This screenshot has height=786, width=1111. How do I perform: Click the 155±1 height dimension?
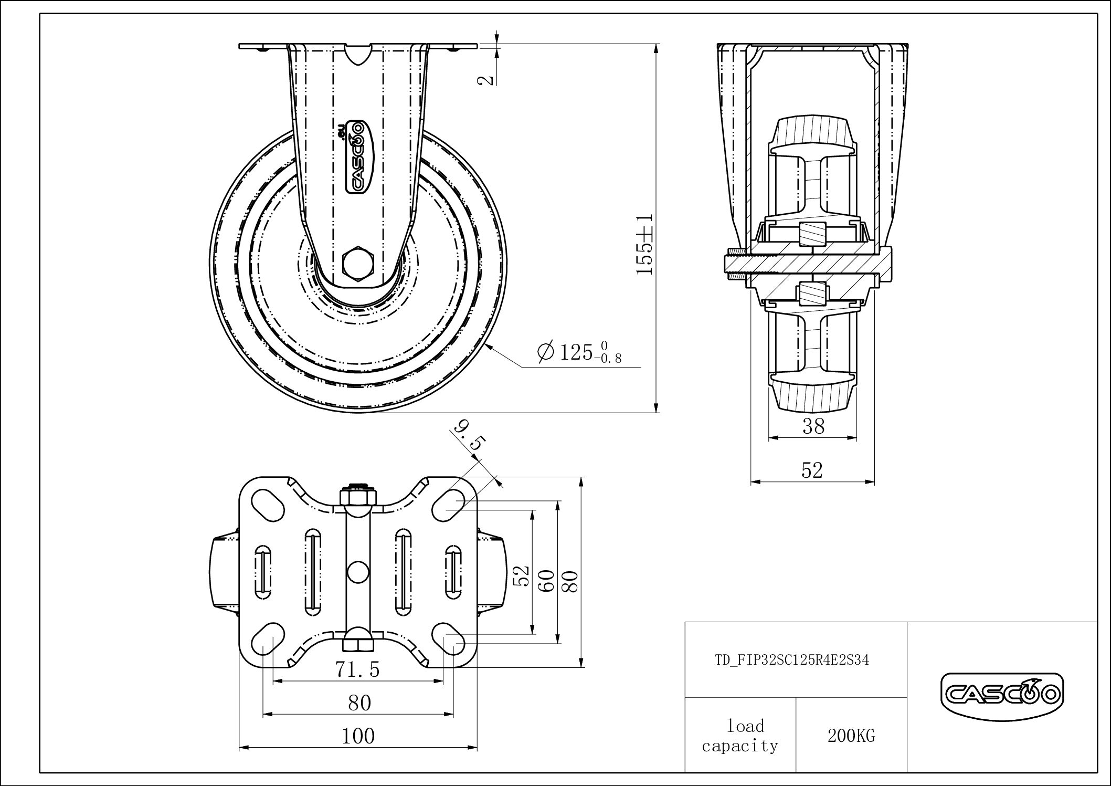[x=644, y=244]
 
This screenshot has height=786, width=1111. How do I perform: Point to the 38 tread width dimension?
[x=813, y=426]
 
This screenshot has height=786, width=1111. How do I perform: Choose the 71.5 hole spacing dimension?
[x=357, y=669]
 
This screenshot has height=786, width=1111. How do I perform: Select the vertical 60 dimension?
[x=548, y=581]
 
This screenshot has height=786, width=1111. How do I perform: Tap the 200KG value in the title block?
[x=851, y=736]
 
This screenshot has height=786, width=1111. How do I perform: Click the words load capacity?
[x=740, y=736]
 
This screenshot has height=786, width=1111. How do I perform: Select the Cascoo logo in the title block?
[x=1002, y=696]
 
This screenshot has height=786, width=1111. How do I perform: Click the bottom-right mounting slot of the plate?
[x=448, y=637]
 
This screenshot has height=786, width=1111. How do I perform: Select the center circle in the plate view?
[x=358, y=571]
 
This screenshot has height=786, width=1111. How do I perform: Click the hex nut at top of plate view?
[x=358, y=496]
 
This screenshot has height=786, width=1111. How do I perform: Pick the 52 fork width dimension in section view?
[x=812, y=470]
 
